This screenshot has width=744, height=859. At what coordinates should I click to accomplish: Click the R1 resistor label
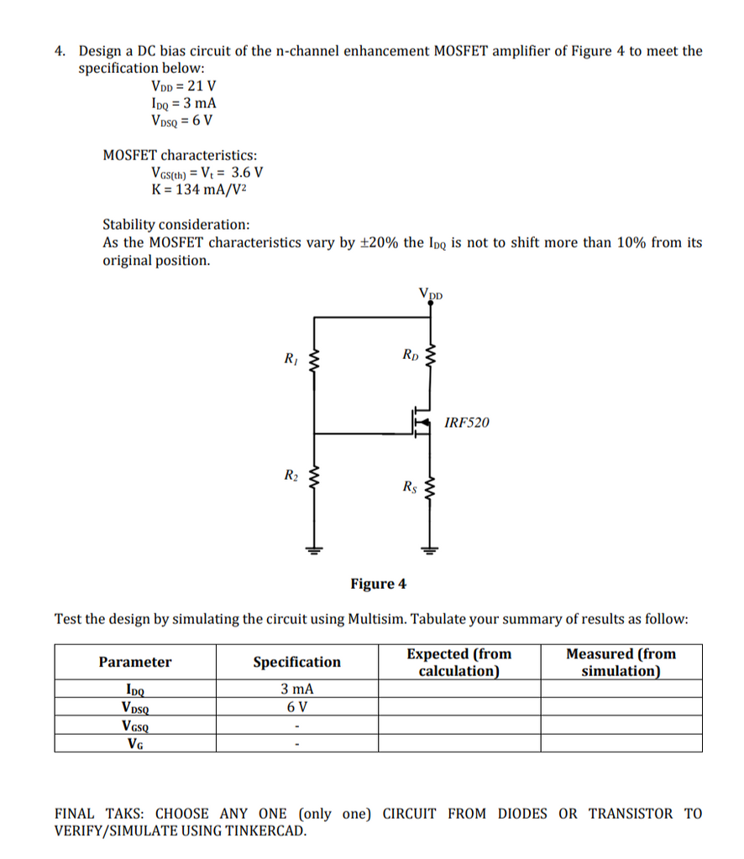[x=290, y=361]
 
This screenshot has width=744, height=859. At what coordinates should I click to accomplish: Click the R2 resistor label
[x=290, y=476]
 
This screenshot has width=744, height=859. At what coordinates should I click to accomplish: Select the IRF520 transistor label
[x=466, y=422]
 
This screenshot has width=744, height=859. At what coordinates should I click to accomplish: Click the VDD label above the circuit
[x=430, y=294]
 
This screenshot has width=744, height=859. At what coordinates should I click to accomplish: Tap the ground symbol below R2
[x=316, y=551]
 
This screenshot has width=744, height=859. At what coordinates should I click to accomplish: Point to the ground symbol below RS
[x=431, y=551]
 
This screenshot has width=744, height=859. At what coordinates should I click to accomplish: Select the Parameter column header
[x=134, y=662]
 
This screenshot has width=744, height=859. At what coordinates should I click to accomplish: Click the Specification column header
[x=297, y=662]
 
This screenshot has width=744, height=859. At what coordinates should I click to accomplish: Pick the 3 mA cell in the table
[x=297, y=689]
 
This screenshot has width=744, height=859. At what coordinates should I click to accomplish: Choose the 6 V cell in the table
[x=297, y=707]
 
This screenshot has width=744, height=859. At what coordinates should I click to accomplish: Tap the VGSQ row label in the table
[x=135, y=726]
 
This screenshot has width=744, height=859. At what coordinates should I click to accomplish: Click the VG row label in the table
[x=135, y=743]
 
